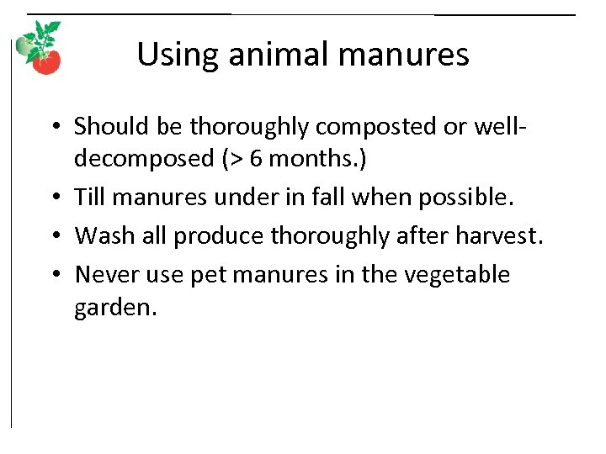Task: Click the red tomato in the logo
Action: pos(48,62)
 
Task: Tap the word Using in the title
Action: pos(169,55)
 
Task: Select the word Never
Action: pos(103,275)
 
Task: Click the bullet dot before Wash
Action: pos(56,236)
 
